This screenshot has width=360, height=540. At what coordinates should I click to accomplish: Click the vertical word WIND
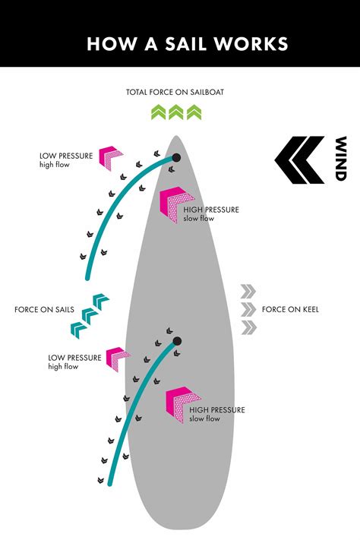[340, 159]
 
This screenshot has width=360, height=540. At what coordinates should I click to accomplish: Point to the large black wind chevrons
[299, 159]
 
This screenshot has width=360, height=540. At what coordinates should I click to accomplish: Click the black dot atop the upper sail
[176, 158]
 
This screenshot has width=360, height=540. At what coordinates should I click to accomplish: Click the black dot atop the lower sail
[177, 341]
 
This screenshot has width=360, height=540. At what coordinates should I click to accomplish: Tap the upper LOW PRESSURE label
[66, 156]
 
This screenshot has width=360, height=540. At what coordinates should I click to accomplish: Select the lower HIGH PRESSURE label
[217, 409]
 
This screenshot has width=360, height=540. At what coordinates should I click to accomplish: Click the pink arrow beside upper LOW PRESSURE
[112, 156]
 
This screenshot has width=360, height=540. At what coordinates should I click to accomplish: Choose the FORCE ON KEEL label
[290, 309]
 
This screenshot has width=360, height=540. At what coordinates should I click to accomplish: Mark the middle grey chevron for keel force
[248, 309]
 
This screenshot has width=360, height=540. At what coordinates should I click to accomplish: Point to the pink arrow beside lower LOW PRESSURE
[118, 358]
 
